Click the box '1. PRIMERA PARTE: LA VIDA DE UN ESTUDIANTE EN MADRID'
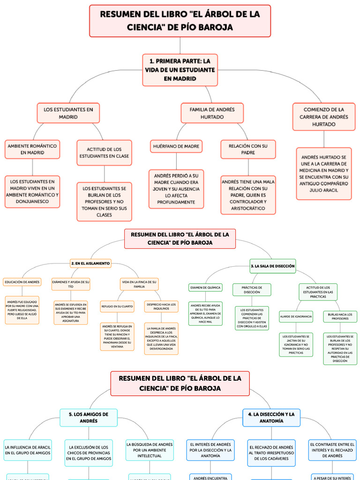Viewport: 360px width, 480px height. click(x=180, y=70)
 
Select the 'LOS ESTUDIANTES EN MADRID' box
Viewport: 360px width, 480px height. click(x=68, y=113)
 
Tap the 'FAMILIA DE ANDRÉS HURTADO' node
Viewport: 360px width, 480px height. click(x=212, y=113)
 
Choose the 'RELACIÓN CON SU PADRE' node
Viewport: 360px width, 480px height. click(x=248, y=149)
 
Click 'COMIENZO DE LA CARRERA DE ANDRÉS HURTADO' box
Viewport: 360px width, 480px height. click(x=324, y=117)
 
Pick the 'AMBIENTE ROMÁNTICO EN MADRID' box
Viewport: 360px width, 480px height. click(x=32, y=149)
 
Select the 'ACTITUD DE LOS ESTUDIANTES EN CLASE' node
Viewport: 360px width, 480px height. click(x=105, y=152)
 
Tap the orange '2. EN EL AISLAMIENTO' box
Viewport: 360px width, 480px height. click(x=90, y=263)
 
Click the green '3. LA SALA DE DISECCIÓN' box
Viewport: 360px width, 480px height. click(x=273, y=266)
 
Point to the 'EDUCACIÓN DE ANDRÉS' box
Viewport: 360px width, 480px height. click(x=22, y=282)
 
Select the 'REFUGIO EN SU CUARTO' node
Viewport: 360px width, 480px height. click(x=117, y=307)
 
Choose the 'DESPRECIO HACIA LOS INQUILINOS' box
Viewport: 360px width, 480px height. click(x=161, y=307)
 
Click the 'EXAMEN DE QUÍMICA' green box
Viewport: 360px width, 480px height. click(x=206, y=287)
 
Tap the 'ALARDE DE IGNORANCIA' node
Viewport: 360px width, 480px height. click(x=296, y=316)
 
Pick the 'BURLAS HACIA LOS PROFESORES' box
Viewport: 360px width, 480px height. click(x=340, y=316)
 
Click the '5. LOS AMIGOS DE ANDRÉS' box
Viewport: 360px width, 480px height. click(x=89, y=418)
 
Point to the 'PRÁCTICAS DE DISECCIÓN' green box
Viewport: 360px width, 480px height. click(x=252, y=290)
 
